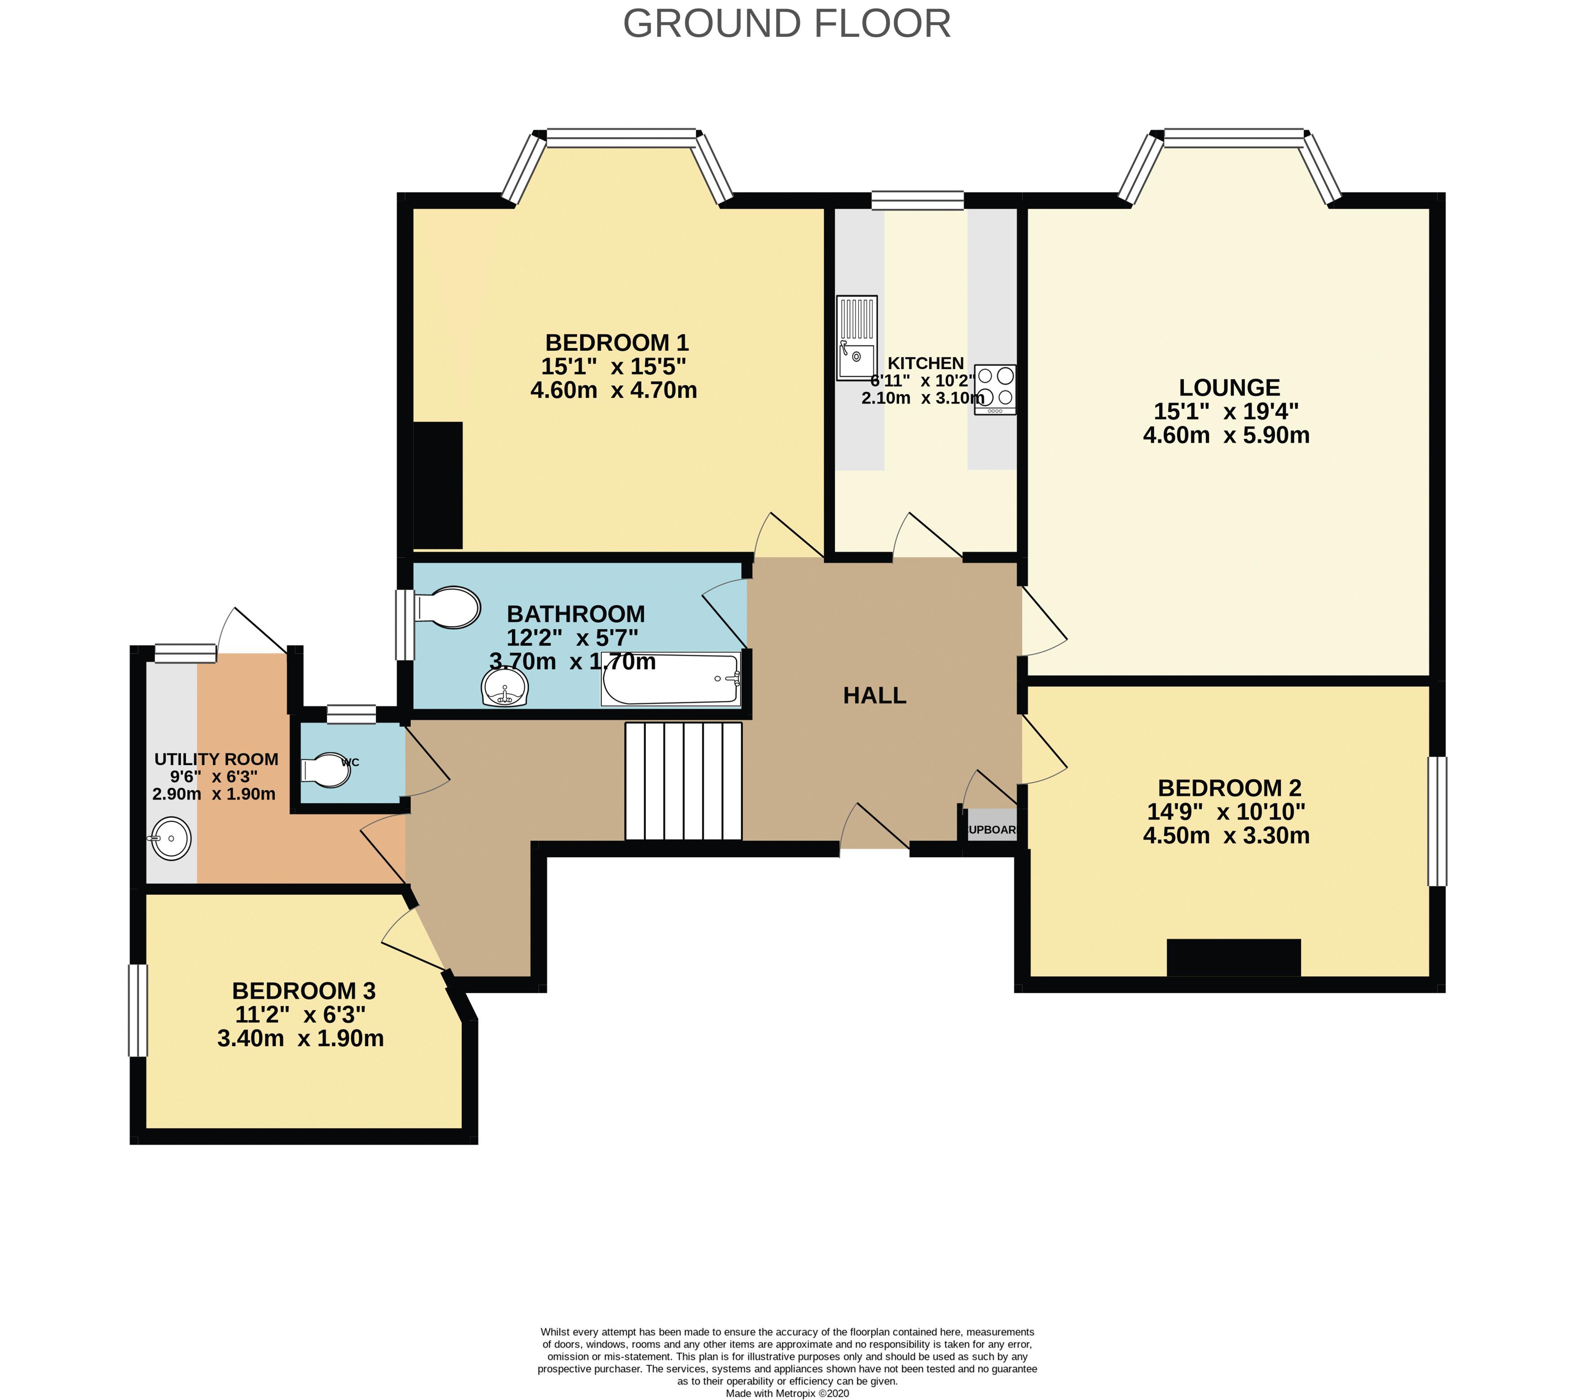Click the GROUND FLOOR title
[787, 24]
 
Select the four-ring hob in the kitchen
[995, 389]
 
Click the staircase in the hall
[683, 780]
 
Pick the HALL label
[874, 696]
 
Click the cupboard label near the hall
[992, 830]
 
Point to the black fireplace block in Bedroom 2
[1234, 958]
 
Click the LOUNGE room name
[1229, 387]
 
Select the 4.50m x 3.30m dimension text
[1226, 836]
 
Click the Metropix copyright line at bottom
[787, 1393]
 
